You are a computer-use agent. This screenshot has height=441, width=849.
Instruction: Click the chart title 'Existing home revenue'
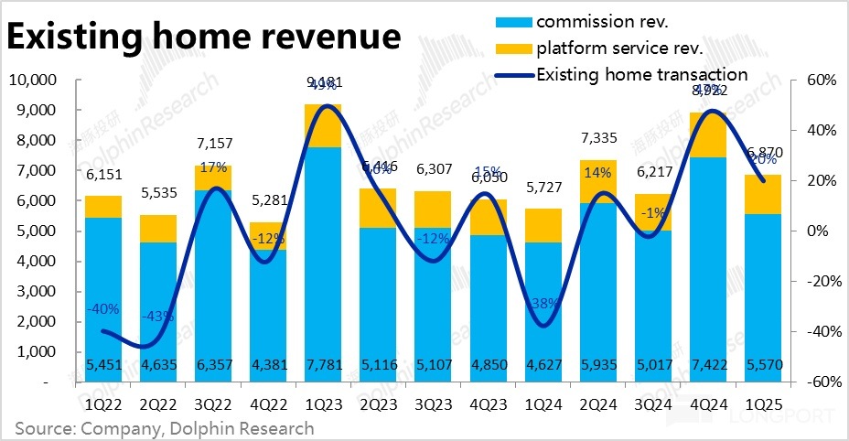pyautogui.click(x=204, y=38)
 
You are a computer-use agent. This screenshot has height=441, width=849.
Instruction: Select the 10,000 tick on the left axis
pyautogui.click(x=33, y=81)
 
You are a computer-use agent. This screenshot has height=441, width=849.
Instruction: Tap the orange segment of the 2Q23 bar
pyautogui.click(x=377, y=208)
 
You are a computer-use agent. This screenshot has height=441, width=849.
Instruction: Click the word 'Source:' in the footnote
pyautogui.click(x=43, y=428)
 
